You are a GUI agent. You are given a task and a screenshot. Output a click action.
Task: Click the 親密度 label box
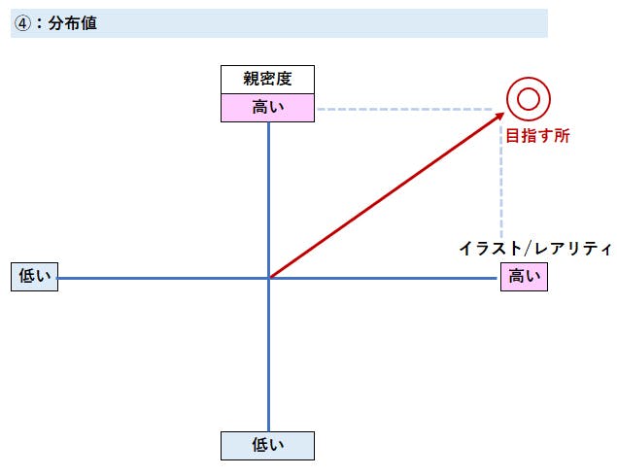267,80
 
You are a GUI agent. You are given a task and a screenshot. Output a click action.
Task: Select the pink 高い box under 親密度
267,107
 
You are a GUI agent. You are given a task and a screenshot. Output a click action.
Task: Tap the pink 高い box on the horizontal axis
524,277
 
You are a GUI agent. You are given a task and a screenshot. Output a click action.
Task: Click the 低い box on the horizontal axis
34,277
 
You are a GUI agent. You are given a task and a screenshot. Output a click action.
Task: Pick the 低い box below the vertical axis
267,445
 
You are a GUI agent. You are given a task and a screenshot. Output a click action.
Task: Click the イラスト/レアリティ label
534,249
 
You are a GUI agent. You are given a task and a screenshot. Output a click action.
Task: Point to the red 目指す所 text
537,136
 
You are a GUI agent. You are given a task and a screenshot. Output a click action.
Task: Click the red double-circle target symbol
529,98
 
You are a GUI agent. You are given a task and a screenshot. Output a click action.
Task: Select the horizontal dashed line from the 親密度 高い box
408,108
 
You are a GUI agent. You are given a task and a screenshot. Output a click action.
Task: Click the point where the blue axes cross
268,278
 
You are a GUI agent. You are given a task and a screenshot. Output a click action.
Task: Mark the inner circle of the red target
529,98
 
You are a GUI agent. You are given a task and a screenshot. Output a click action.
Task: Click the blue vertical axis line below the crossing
268,359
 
